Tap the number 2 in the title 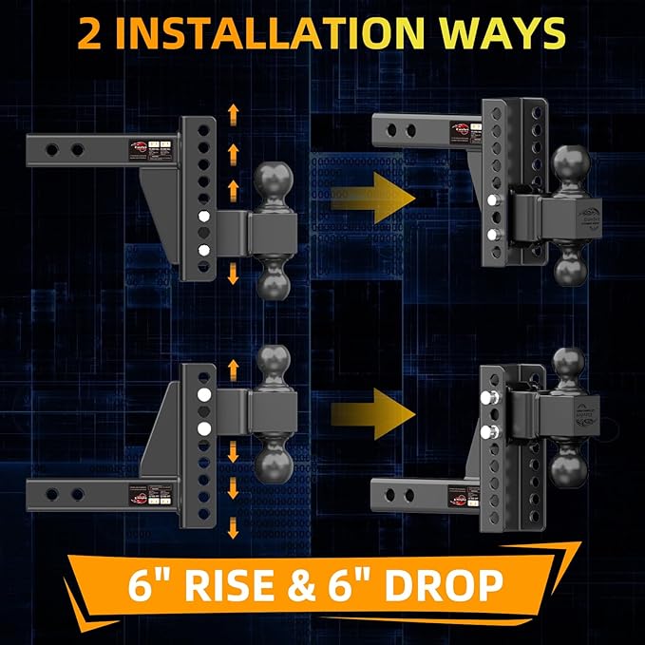tap(90, 33)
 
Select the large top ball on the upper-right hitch tap(574, 166)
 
